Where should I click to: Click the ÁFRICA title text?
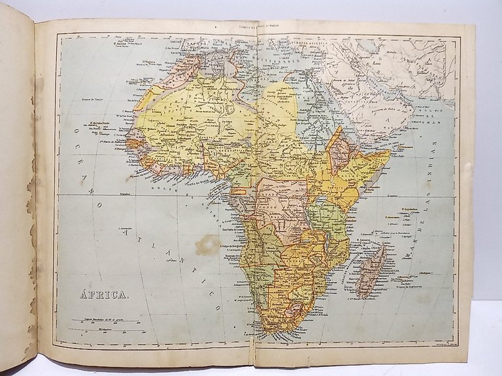click(104, 294)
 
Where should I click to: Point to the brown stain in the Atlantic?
click(207, 245)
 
